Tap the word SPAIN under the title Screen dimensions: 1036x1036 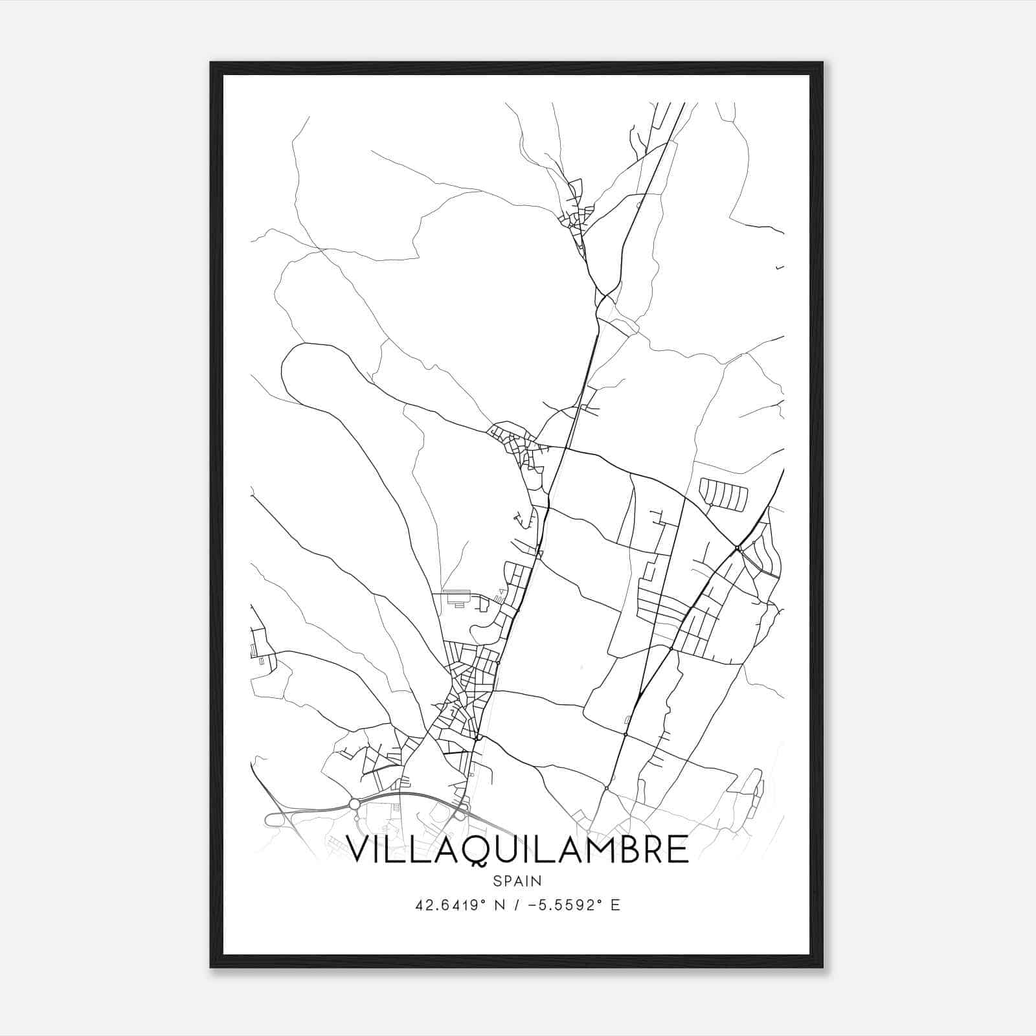click(517, 881)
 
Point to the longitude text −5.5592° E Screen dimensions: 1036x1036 click(574, 905)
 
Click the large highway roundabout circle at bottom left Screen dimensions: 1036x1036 click(354, 804)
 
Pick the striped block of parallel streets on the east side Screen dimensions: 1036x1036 click(723, 493)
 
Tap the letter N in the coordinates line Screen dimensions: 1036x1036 click(499, 905)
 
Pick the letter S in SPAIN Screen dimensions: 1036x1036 click(497, 881)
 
